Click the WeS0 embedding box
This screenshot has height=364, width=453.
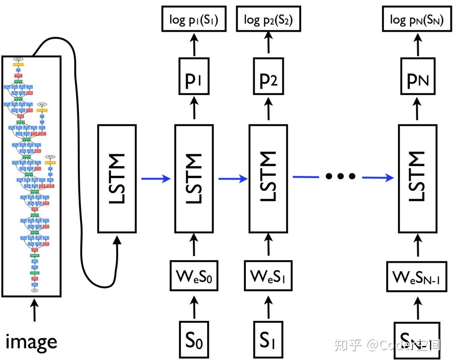(194, 275)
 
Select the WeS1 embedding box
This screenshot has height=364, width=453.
(268, 275)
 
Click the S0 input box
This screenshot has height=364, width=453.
(194, 339)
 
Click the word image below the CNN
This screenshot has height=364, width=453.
(31, 342)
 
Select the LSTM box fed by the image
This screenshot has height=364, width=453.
(117, 179)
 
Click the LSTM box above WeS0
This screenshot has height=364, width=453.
(194, 179)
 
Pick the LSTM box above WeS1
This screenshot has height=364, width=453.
(269, 179)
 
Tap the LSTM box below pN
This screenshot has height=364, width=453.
(417, 179)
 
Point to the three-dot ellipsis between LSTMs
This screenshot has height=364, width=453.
(340, 176)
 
